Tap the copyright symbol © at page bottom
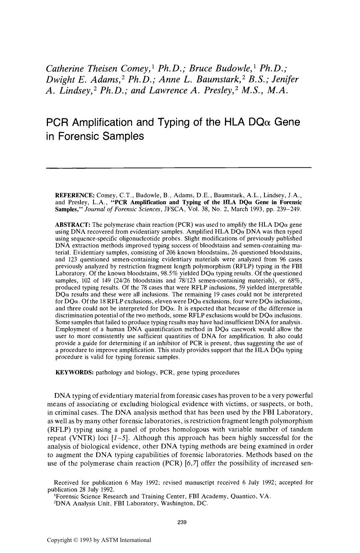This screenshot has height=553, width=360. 76,540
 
